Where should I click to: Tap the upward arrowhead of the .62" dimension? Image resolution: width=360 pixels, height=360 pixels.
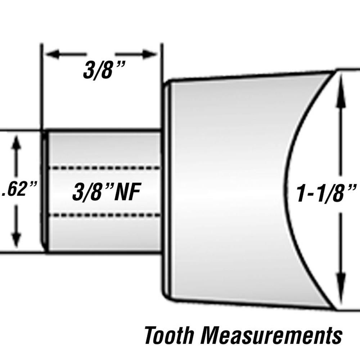pos(16,142)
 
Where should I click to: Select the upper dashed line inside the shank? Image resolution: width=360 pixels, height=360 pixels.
pos(104,168)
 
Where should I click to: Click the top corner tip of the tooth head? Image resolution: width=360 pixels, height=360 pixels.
pos(333,71)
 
